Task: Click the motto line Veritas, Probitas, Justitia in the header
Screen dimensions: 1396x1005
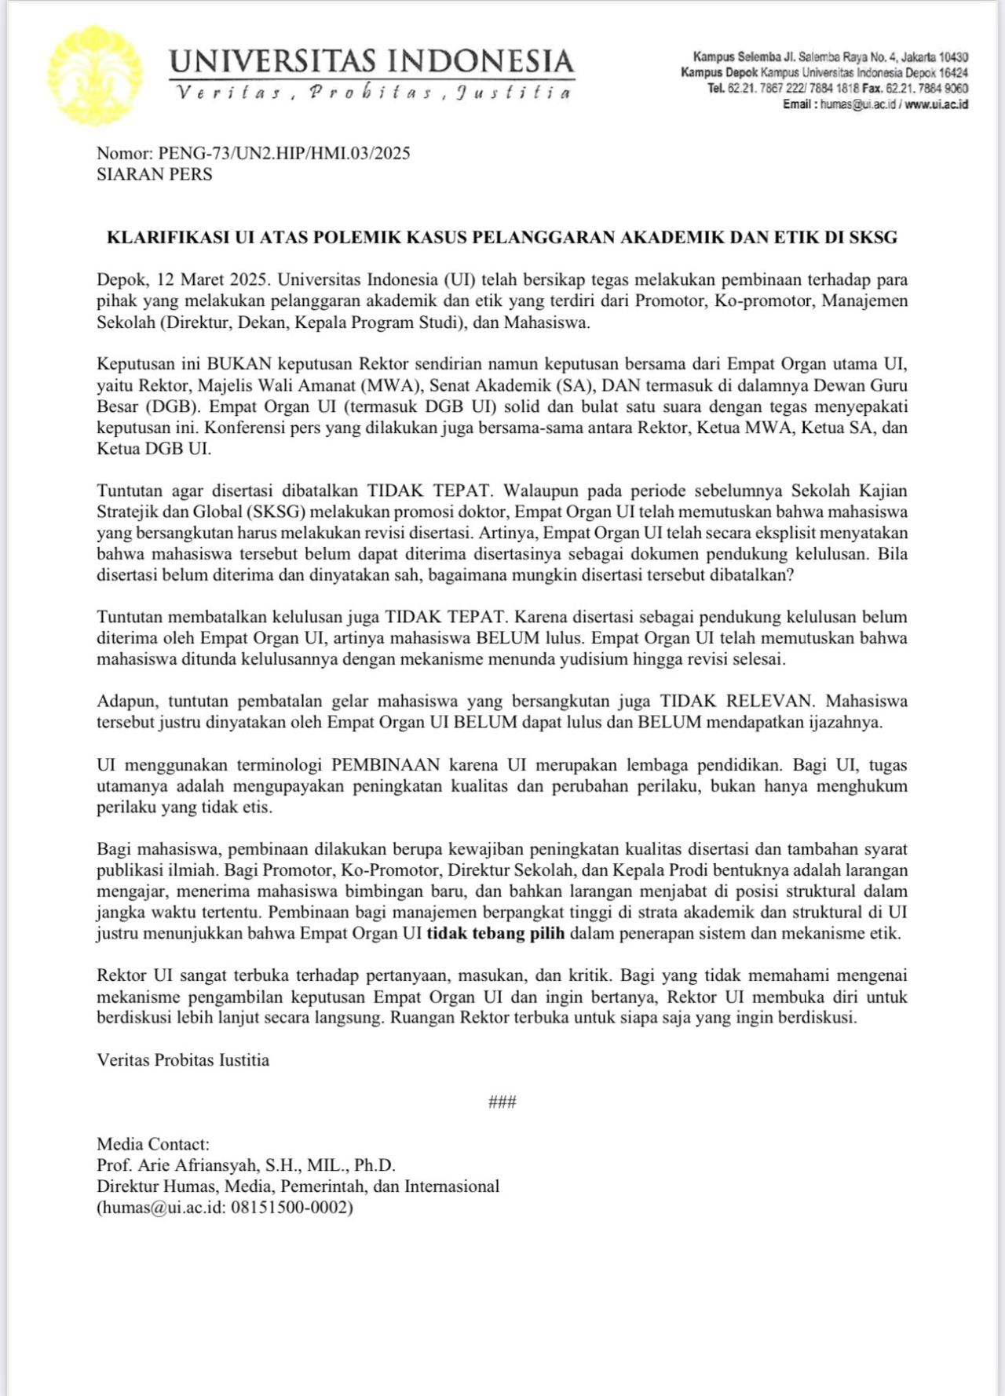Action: (x=373, y=93)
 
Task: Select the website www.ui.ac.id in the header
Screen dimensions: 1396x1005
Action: (x=936, y=104)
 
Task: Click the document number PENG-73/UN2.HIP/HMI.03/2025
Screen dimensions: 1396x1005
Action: (x=283, y=153)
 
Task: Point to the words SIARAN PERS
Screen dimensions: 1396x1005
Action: (x=155, y=174)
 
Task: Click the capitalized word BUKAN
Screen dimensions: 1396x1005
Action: (x=239, y=364)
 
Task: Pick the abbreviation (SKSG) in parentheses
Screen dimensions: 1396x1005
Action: (x=274, y=512)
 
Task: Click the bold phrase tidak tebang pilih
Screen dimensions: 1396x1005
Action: (x=495, y=934)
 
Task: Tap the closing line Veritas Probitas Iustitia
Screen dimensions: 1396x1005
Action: (x=183, y=1060)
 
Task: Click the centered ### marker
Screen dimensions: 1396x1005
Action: (x=502, y=1102)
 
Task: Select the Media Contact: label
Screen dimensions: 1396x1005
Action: (x=153, y=1144)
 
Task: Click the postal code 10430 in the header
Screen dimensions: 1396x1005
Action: (x=953, y=57)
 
